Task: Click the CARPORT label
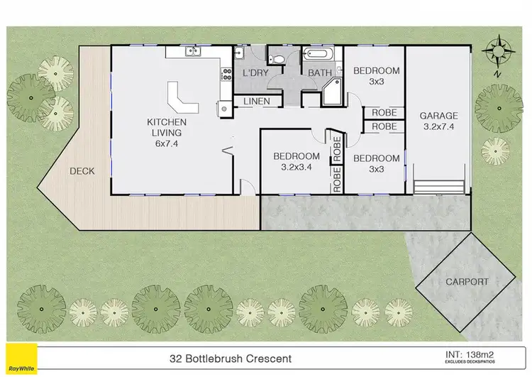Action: click(x=466, y=281)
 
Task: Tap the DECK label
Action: click(x=82, y=171)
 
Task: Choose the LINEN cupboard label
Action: click(x=256, y=102)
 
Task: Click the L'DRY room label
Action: click(x=255, y=73)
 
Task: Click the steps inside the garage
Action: click(x=439, y=187)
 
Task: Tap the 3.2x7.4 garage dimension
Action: click(x=438, y=128)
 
